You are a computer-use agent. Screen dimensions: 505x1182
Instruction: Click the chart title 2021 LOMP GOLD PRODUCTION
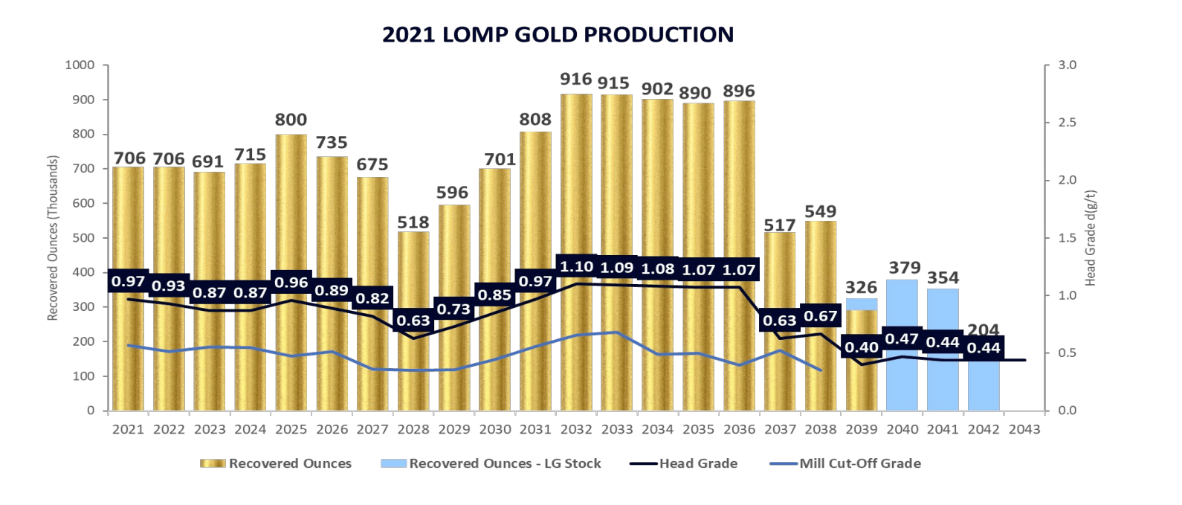pyautogui.click(x=558, y=34)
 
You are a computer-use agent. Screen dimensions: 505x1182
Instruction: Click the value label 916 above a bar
pyautogui.click(x=576, y=79)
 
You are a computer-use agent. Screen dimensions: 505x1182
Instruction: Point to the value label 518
pyautogui.click(x=413, y=222)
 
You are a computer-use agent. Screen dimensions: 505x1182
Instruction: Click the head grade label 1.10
pyautogui.click(x=576, y=266)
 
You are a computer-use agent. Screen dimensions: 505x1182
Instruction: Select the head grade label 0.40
pyautogui.click(x=862, y=347)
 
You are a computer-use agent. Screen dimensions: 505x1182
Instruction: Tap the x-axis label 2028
pyautogui.click(x=413, y=429)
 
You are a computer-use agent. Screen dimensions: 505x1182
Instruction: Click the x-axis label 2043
pyautogui.click(x=1024, y=429)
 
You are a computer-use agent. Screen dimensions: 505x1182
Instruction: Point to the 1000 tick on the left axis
pyautogui.click(x=80, y=65)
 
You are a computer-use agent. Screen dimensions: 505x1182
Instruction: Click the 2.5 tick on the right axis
pyautogui.click(x=1067, y=123)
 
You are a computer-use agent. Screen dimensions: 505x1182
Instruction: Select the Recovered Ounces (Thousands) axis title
pyautogui.click(x=53, y=238)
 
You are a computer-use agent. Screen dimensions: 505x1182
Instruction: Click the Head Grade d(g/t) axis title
pyautogui.click(x=1091, y=238)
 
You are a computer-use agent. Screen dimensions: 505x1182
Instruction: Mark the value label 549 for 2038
pyautogui.click(x=821, y=211)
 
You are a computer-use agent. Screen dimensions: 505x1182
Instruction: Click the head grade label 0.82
pyautogui.click(x=372, y=298)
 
